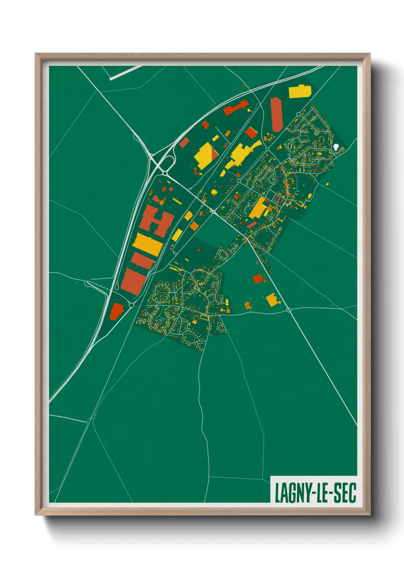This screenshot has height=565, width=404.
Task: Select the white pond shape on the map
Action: [x=336, y=147]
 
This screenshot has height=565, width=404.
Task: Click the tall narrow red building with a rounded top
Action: [x=276, y=114]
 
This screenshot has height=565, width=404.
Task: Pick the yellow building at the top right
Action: [x=299, y=91]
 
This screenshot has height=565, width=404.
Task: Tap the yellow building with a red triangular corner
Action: [x=207, y=155]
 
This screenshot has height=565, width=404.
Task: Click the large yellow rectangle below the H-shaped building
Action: [x=148, y=245]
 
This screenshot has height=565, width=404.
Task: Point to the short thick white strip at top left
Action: [x=125, y=73]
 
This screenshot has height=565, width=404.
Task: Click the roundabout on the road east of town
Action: [x=289, y=310]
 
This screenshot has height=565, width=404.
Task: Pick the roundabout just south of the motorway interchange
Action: [x=165, y=173]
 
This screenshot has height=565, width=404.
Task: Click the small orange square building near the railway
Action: [x=194, y=226]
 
